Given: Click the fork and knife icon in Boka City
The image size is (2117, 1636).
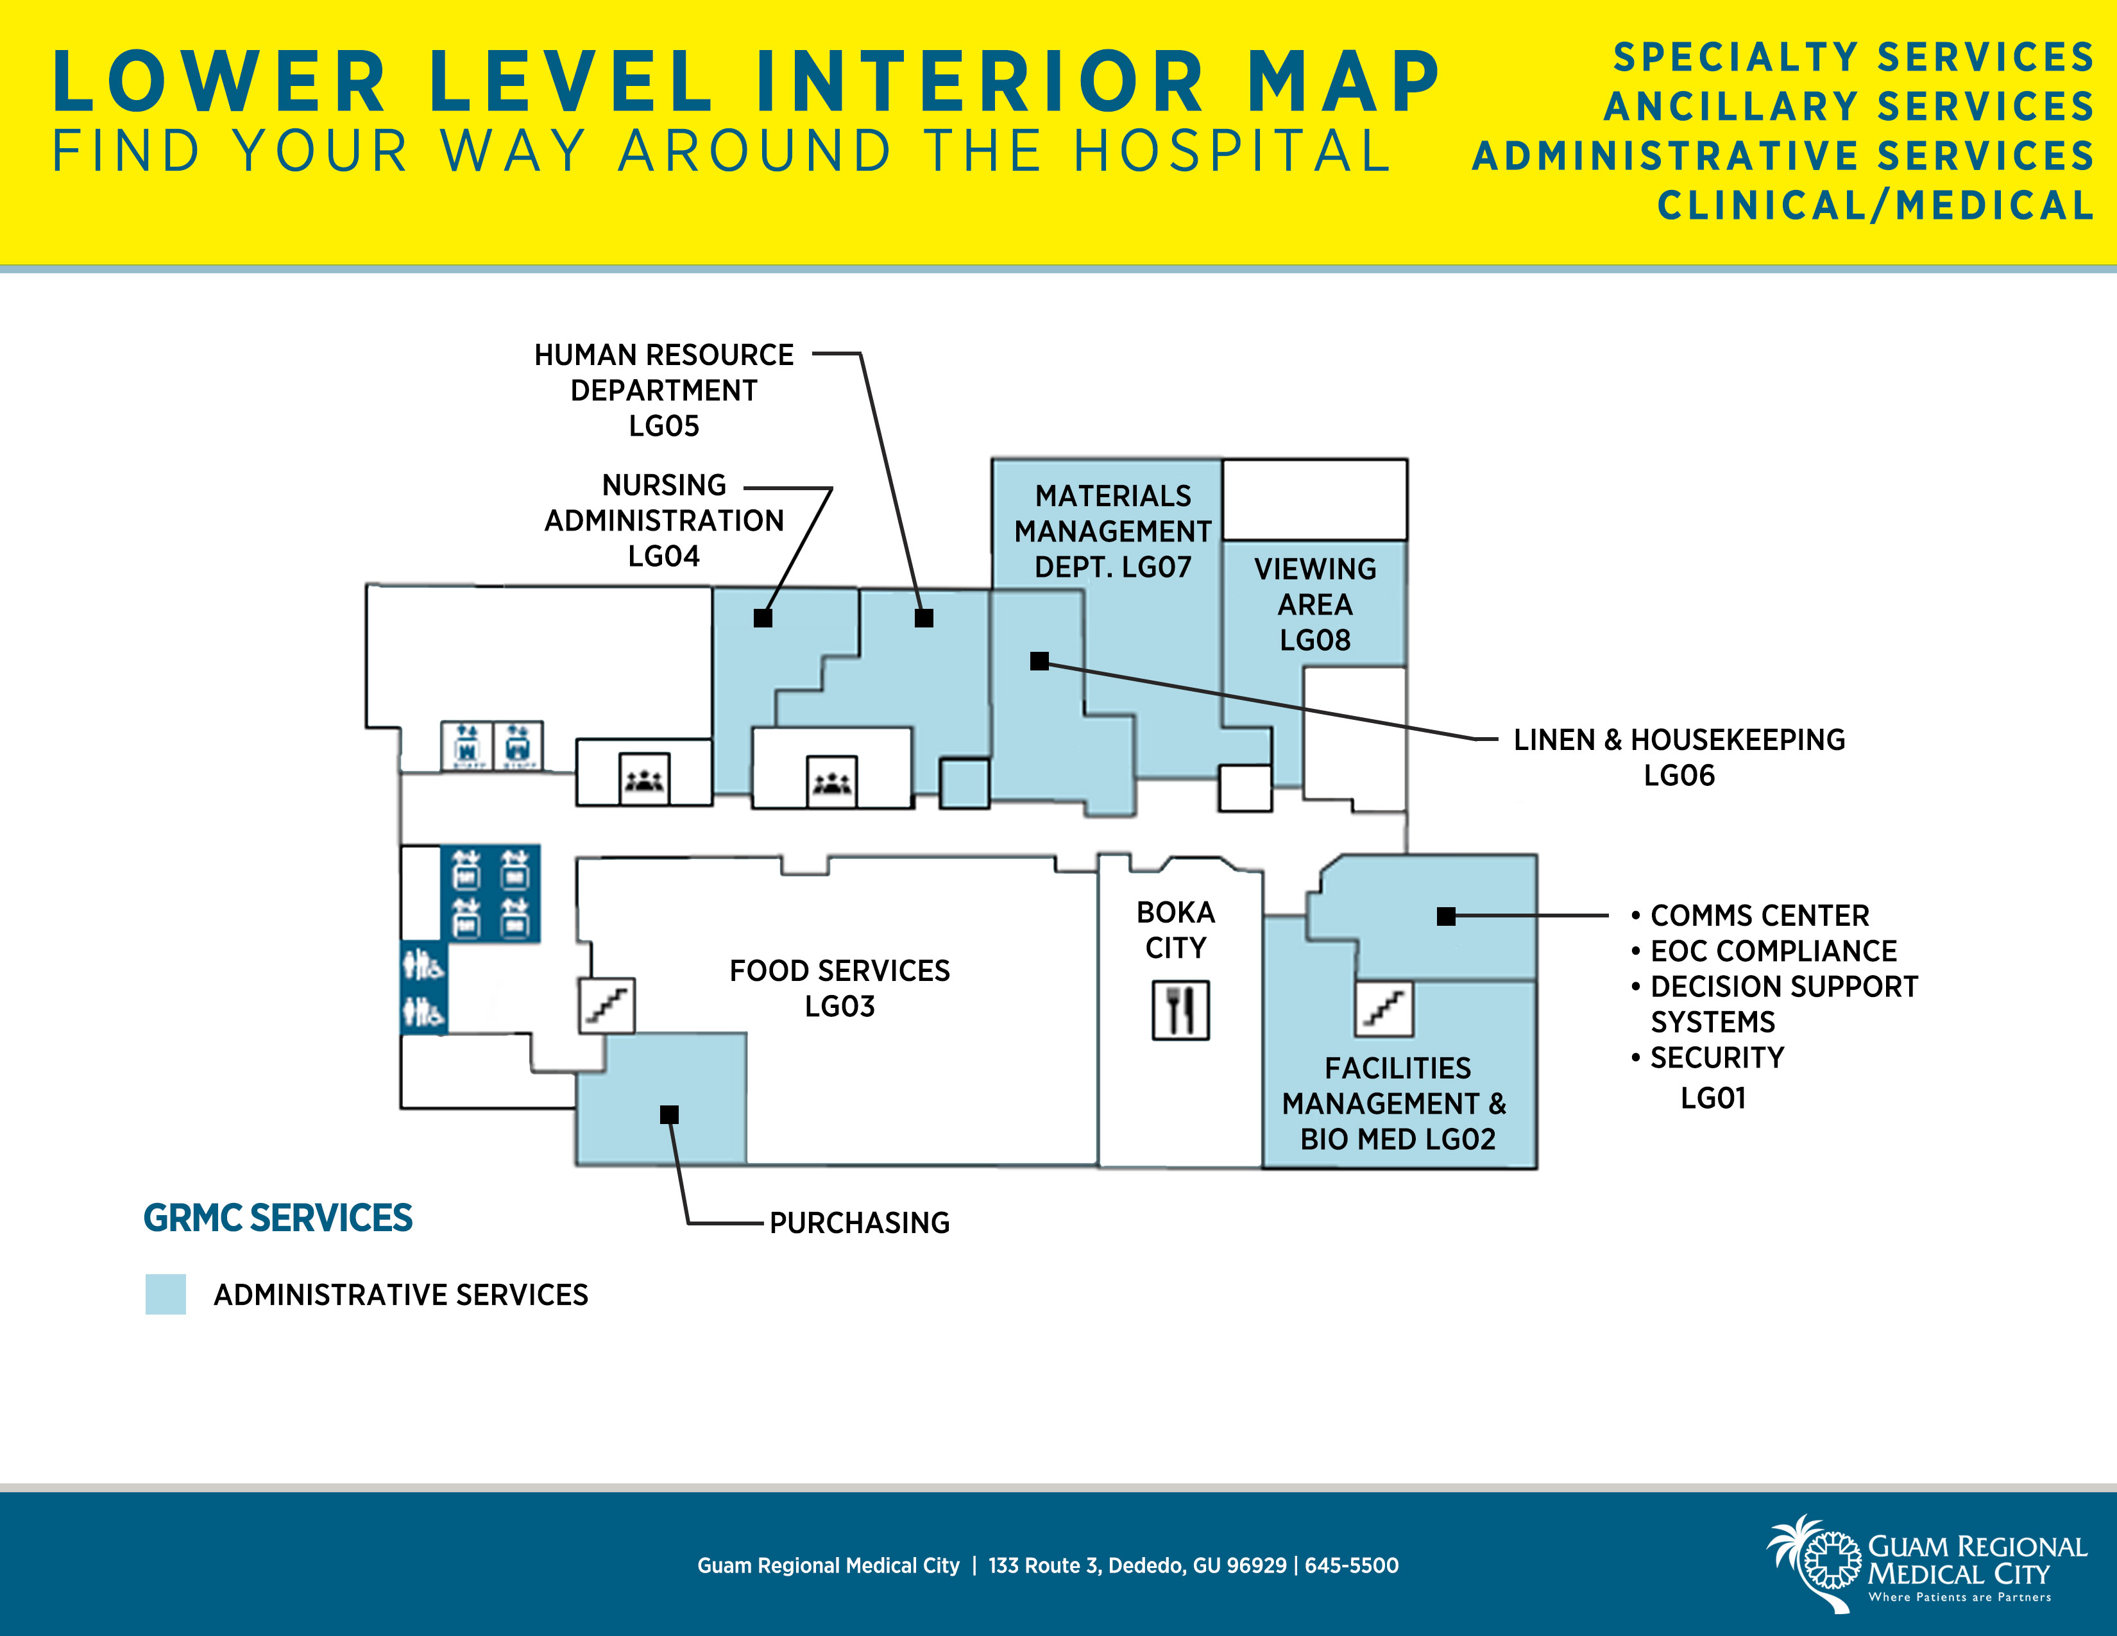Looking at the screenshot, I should tap(1180, 1010).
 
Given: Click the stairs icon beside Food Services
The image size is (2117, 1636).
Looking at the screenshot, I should tap(607, 1005).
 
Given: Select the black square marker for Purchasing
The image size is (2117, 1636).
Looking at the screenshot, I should tap(669, 1114).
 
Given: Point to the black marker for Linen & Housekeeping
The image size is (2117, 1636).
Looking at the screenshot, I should tap(1039, 661).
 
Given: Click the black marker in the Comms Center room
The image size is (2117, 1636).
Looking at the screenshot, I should tap(1445, 916).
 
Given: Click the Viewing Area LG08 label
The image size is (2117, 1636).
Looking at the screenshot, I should tap(1314, 604).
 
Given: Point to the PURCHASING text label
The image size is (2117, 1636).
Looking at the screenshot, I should tap(859, 1223).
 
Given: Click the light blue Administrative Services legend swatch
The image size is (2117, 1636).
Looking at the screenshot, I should tap(166, 1294).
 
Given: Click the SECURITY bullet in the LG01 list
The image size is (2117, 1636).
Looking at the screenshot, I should tap(1715, 1057).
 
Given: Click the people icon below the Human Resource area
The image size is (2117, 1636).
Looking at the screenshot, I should tap(831, 781).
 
